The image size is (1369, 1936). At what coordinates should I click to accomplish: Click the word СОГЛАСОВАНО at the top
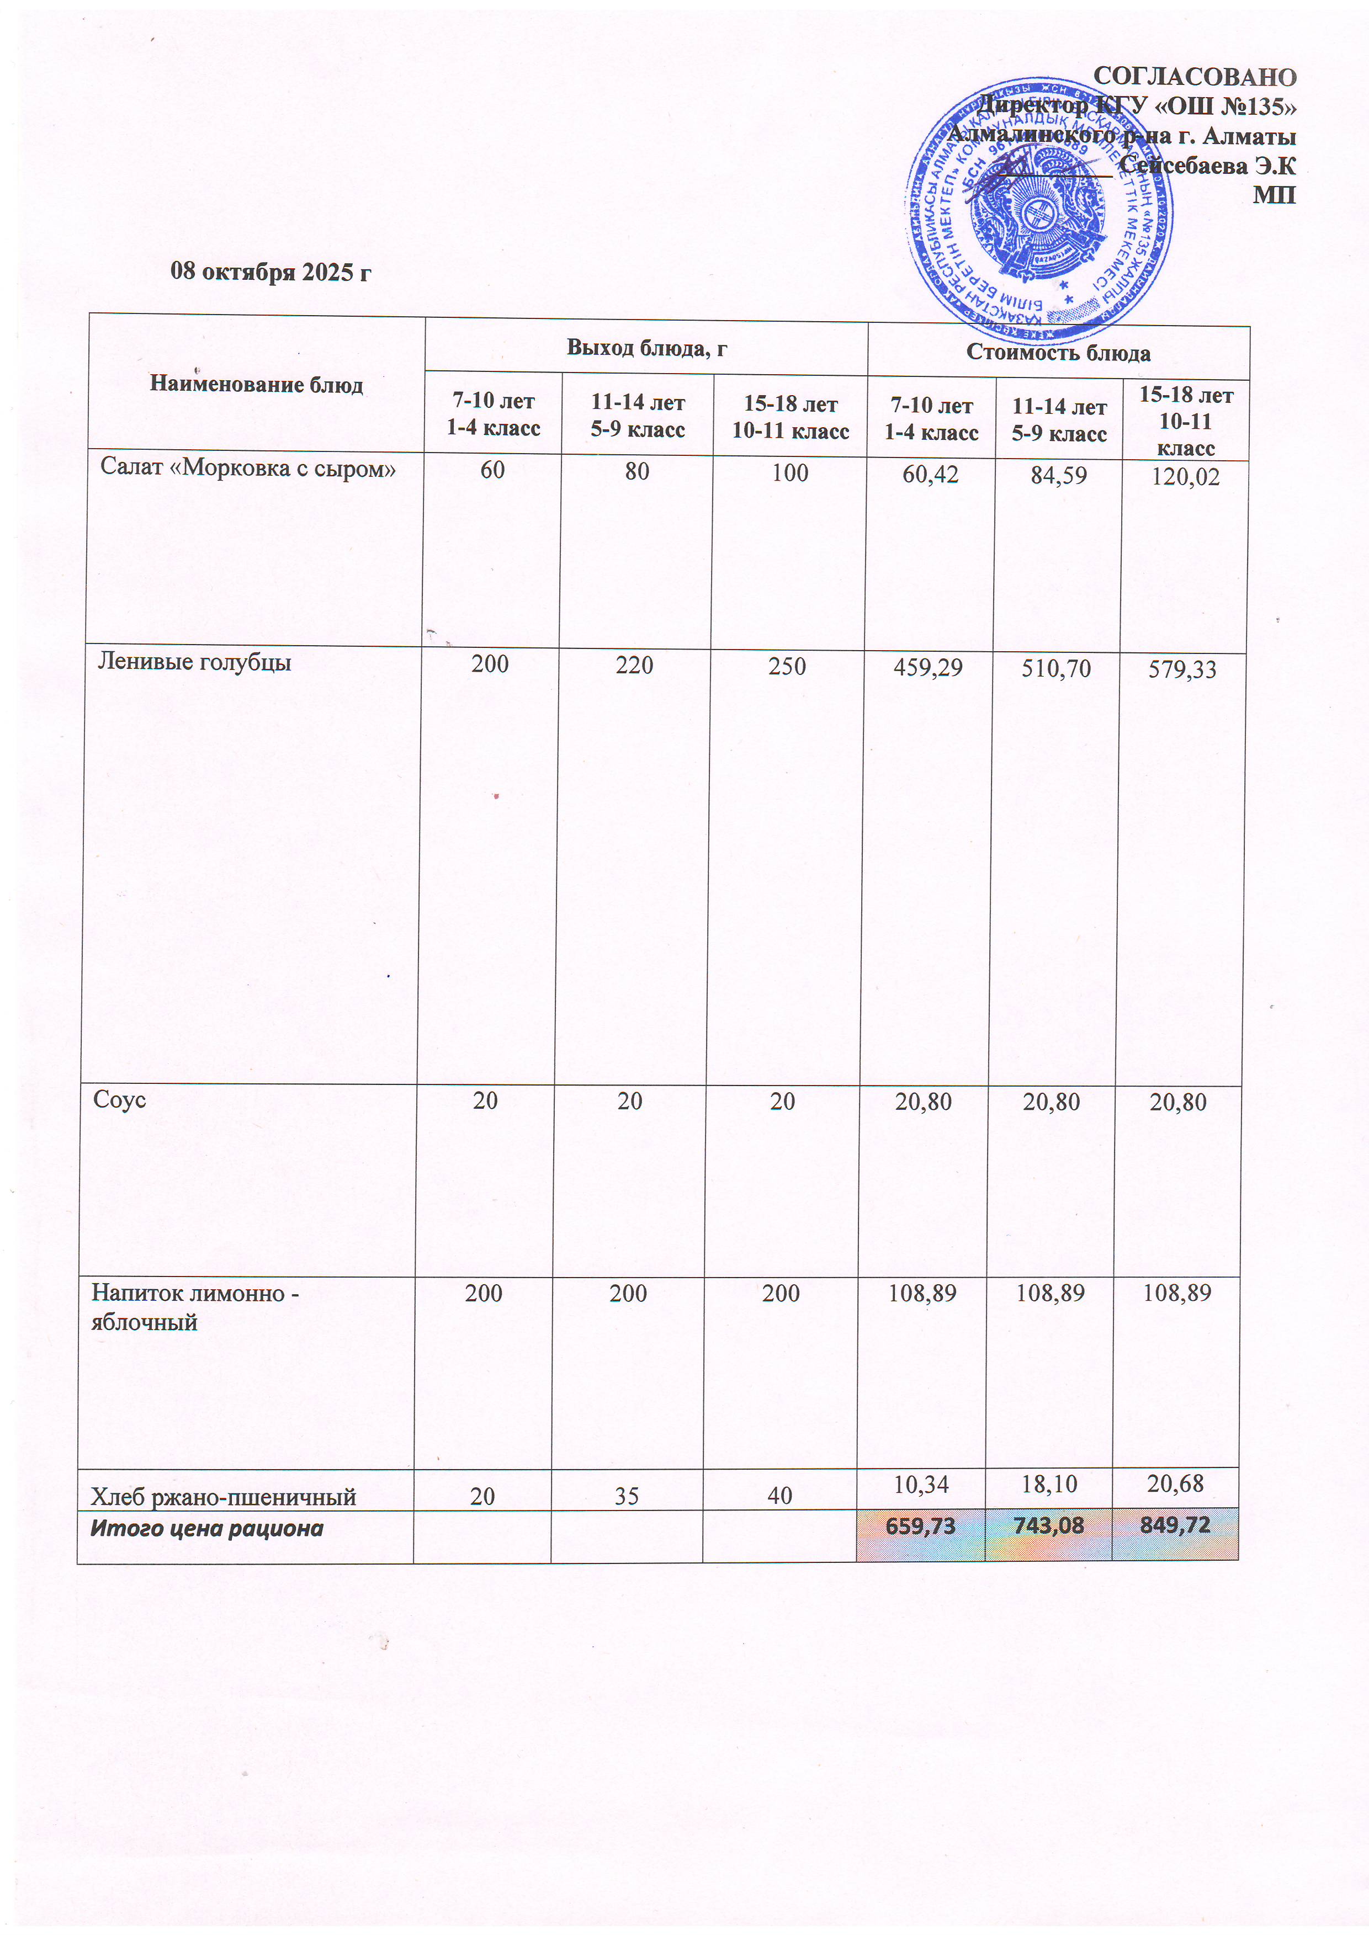click(1193, 77)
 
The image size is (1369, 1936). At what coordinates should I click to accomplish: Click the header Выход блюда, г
click(646, 347)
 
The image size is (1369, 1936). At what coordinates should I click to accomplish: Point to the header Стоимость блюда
click(1058, 353)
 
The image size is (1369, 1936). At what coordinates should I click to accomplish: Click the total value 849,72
click(1175, 1524)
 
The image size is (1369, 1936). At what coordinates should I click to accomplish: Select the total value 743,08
click(1048, 1524)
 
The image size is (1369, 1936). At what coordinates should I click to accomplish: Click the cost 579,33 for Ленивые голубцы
click(1182, 671)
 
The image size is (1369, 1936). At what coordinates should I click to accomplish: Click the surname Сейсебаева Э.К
click(1207, 166)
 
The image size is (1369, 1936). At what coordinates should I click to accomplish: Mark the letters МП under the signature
click(1274, 195)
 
